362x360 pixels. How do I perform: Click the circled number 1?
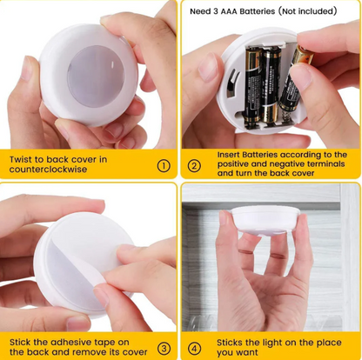point(163,166)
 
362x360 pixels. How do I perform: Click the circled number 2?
point(194,166)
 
